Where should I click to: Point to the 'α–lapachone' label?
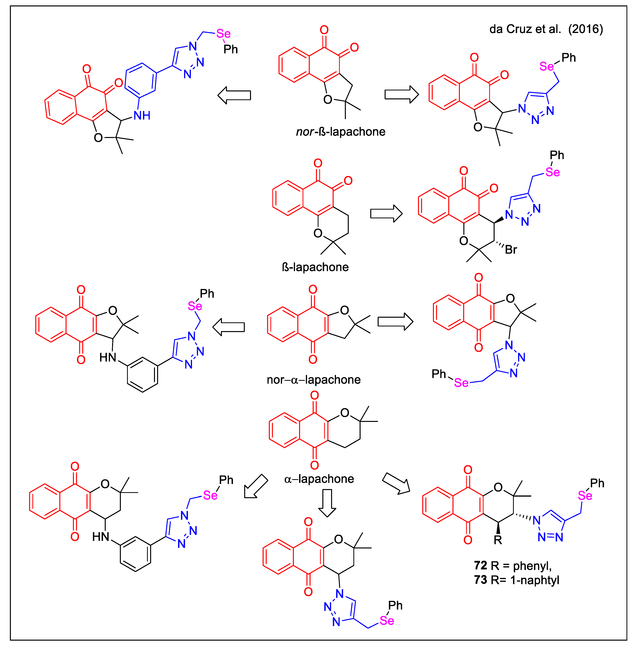(319, 479)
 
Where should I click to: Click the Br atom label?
(511, 250)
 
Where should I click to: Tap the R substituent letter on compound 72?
(498, 540)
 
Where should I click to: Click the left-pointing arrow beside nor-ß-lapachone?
(234, 95)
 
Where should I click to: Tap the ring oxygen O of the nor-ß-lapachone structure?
(328, 100)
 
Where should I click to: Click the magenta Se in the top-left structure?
(223, 34)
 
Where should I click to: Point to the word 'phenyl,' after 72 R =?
(532, 566)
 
